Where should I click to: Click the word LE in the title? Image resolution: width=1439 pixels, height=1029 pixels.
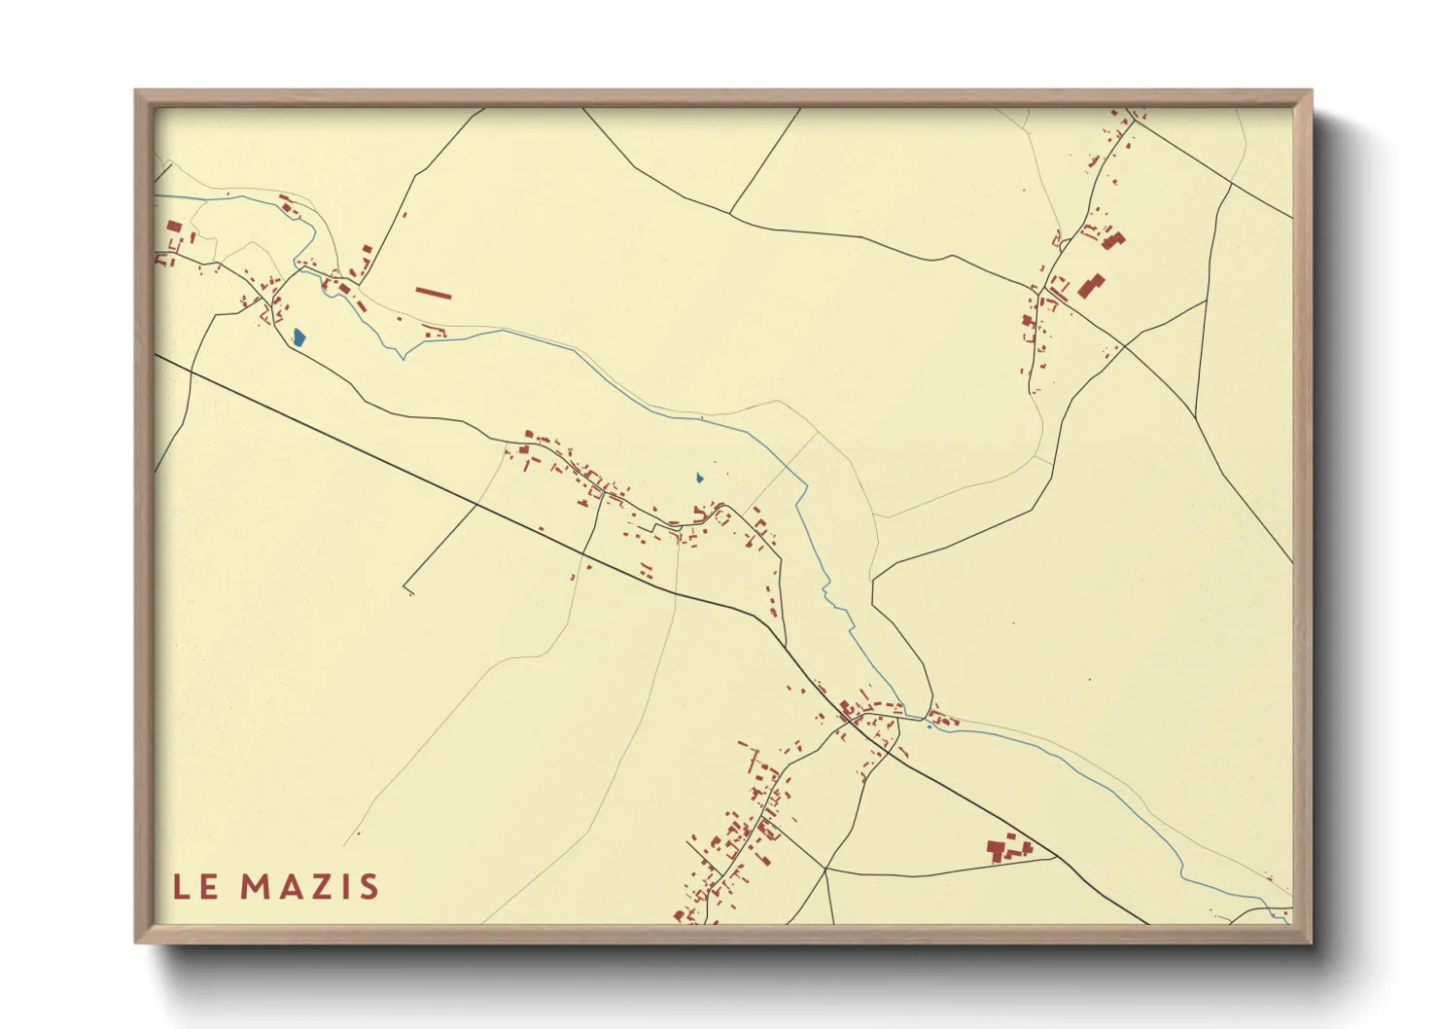[x=195, y=886]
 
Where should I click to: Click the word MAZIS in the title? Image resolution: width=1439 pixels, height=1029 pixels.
[x=309, y=886]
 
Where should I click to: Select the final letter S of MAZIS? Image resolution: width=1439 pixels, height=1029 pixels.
[x=368, y=886]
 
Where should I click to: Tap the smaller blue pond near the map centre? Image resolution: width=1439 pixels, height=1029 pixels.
[x=699, y=478]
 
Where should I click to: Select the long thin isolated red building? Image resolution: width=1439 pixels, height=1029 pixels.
[x=434, y=292]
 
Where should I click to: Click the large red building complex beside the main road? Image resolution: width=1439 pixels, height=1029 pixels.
[x=1007, y=849]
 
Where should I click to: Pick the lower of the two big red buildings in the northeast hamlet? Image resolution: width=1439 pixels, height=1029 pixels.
[x=1091, y=286]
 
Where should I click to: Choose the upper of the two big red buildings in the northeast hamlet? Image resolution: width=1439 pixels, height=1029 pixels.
[x=1112, y=239]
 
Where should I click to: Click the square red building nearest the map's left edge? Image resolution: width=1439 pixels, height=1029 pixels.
[x=174, y=227]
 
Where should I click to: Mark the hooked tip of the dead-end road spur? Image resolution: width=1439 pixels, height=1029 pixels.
[x=408, y=590]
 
